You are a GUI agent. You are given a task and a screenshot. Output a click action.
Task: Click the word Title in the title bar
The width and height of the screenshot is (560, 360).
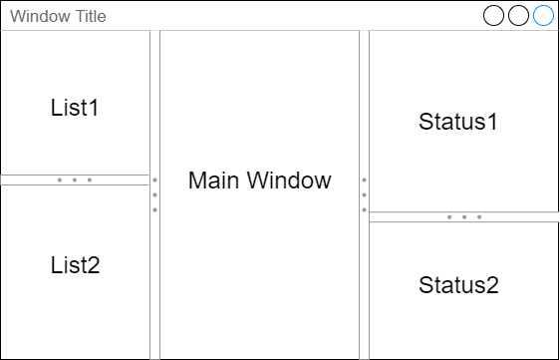pyautogui.click(x=87, y=16)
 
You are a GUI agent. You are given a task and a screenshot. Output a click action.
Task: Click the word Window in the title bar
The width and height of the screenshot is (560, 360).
pyautogui.click(x=38, y=16)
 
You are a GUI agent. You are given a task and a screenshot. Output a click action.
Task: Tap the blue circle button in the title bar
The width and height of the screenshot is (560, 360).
pyautogui.click(x=543, y=15)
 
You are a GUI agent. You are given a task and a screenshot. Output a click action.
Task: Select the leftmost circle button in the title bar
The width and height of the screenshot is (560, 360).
pyautogui.click(x=493, y=15)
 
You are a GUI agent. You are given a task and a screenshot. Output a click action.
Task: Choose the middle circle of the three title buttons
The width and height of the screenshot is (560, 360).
pyautogui.click(x=518, y=15)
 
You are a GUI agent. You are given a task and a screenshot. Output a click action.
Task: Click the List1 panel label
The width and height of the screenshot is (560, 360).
pyautogui.click(x=75, y=107)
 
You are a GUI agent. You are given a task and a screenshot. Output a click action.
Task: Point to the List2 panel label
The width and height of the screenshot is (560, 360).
pyautogui.click(x=75, y=265)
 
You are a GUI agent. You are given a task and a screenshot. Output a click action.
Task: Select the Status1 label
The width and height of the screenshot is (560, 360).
pyautogui.click(x=457, y=122)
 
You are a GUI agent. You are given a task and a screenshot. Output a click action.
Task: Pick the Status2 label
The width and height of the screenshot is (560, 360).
pyautogui.click(x=457, y=284)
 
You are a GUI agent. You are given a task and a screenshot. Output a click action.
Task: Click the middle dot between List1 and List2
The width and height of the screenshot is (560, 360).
pyautogui.click(x=75, y=180)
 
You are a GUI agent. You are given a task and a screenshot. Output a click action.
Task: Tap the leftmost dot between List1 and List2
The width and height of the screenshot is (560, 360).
pyautogui.click(x=60, y=180)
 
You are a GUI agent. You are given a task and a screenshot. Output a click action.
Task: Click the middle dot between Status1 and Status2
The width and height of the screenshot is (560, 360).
pyautogui.click(x=464, y=216)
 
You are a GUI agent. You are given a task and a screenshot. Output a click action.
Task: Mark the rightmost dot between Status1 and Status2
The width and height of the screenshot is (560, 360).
pyautogui.click(x=479, y=216)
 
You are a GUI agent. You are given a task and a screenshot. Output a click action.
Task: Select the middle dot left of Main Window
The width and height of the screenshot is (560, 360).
pyautogui.click(x=154, y=194)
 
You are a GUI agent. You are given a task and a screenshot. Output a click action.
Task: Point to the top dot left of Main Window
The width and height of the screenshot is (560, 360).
pyautogui.click(x=154, y=180)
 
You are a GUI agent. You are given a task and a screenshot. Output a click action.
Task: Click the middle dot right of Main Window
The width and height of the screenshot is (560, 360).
pyautogui.click(x=364, y=194)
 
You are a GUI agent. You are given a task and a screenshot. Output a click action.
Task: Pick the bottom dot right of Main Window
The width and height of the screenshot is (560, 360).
pyautogui.click(x=364, y=209)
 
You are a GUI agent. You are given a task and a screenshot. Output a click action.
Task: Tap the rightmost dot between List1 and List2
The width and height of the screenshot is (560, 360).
pyautogui.click(x=90, y=180)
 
